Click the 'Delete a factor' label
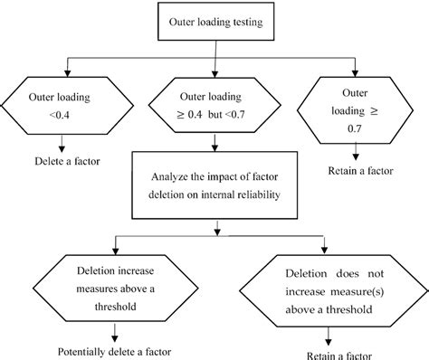coord(62,164)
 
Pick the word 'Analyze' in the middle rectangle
coord(158,176)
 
